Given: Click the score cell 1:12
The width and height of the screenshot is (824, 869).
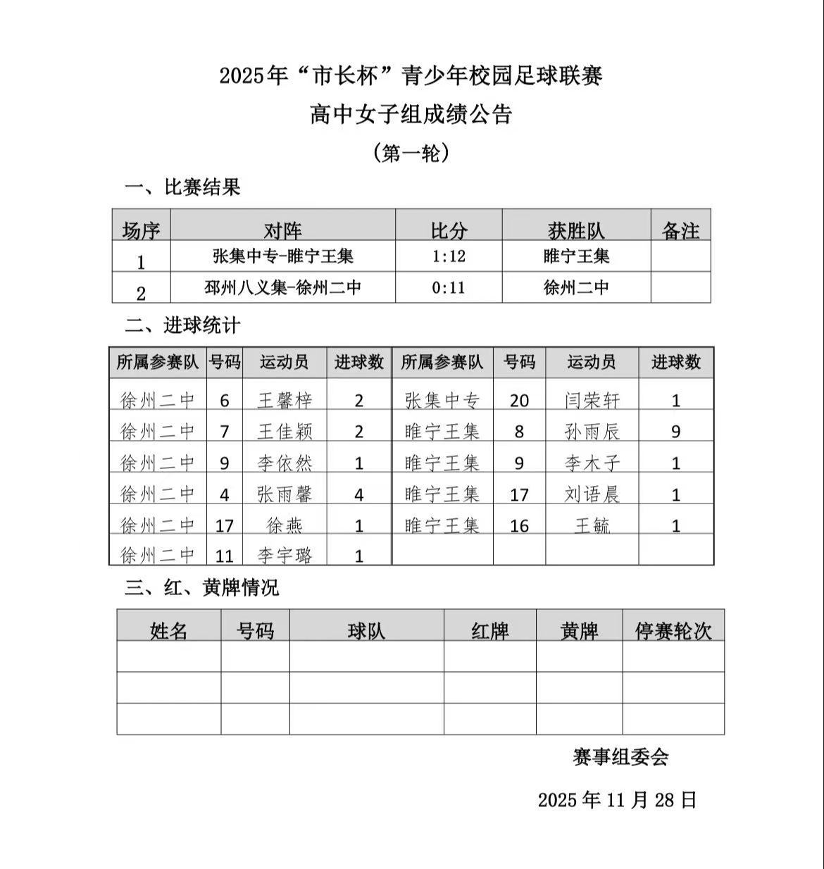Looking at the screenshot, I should pos(449,256).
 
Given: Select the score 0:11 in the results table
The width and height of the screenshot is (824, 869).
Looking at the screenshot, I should pos(449,287).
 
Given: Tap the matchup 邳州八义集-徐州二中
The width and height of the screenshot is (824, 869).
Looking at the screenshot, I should pos(282,287).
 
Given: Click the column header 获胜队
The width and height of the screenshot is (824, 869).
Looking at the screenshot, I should pos(575,230).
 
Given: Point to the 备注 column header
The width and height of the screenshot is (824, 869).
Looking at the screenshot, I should pos(680,230).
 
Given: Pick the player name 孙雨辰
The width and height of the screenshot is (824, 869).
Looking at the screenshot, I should pos(592,431).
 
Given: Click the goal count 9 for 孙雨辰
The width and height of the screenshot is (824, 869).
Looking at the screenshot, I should pos(675,431).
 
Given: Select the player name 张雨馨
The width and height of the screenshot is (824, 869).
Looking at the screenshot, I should pos(285,494).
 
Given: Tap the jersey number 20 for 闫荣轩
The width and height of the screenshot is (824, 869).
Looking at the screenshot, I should pos(519,400).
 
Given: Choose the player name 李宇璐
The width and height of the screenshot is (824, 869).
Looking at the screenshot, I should pos(285,556).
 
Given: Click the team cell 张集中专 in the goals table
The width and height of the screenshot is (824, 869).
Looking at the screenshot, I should pos(442,400).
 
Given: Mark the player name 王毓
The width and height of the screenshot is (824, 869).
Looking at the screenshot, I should pos(592,525).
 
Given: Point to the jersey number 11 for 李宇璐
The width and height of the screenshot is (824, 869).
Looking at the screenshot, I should pos(224,556).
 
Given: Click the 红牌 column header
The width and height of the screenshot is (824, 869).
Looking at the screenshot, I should pos(489,630).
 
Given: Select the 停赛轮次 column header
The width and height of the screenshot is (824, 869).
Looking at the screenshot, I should pos(673,630).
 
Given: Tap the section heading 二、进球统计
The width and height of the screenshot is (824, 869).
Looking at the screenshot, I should pos(182,325).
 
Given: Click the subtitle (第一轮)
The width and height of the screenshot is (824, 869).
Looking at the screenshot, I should pos(411,153).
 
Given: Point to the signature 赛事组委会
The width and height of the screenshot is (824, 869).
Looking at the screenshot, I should pos(620,757).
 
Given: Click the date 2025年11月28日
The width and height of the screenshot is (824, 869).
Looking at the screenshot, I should pos(617,799).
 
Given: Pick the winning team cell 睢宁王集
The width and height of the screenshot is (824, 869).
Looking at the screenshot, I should pos(576,256).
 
